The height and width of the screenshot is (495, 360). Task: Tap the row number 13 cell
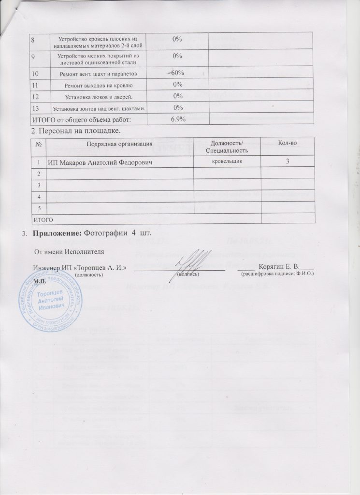(36, 107)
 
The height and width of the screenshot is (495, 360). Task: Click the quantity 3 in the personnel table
(287, 161)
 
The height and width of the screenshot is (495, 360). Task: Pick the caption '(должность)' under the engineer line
(88, 274)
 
